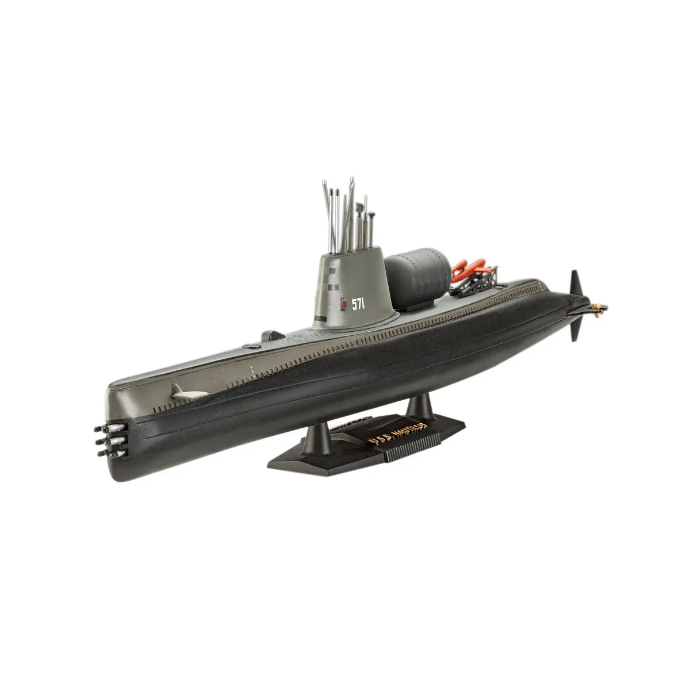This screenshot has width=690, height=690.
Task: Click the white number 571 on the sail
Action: (x=358, y=305)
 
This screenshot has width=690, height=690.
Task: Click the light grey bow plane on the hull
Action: (x=189, y=393)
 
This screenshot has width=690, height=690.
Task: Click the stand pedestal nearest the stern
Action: (x=420, y=406)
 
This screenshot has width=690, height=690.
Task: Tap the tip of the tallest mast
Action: (x=352, y=179)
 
